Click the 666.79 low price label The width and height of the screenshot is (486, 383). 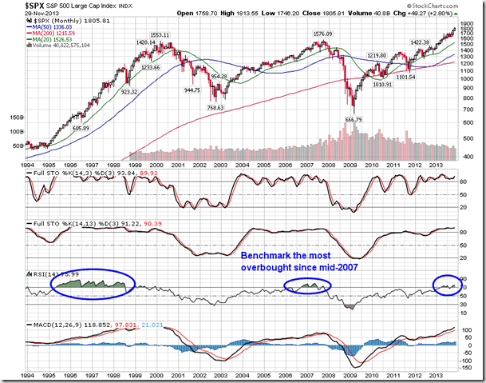pos(353,120)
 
